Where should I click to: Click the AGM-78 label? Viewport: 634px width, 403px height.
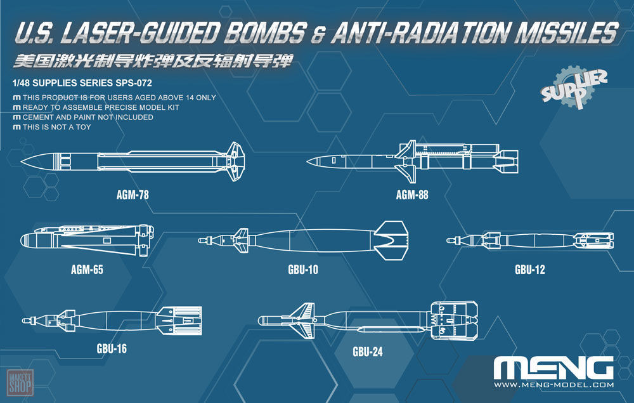(133, 195)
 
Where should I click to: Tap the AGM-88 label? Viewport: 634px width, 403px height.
(412, 195)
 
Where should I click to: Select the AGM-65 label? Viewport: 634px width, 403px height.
(87, 270)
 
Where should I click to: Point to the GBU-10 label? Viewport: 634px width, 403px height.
(303, 270)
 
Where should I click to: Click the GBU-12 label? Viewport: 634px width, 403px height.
(529, 270)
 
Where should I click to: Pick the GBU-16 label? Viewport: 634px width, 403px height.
(112, 348)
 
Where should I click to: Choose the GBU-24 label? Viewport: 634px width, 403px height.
(368, 352)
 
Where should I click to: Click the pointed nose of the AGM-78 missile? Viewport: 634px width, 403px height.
(22, 162)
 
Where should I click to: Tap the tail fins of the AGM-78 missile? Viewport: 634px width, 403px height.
(235, 161)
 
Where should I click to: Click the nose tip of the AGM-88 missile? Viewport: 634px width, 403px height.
(307, 162)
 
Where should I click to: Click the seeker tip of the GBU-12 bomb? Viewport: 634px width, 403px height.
(448, 241)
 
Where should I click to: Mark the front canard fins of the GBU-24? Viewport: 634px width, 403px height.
(302, 320)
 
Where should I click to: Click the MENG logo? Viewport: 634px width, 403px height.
(553, 368)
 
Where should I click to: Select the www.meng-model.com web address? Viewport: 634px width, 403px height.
(553, 385)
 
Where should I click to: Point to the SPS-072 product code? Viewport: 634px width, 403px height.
(134, 83)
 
